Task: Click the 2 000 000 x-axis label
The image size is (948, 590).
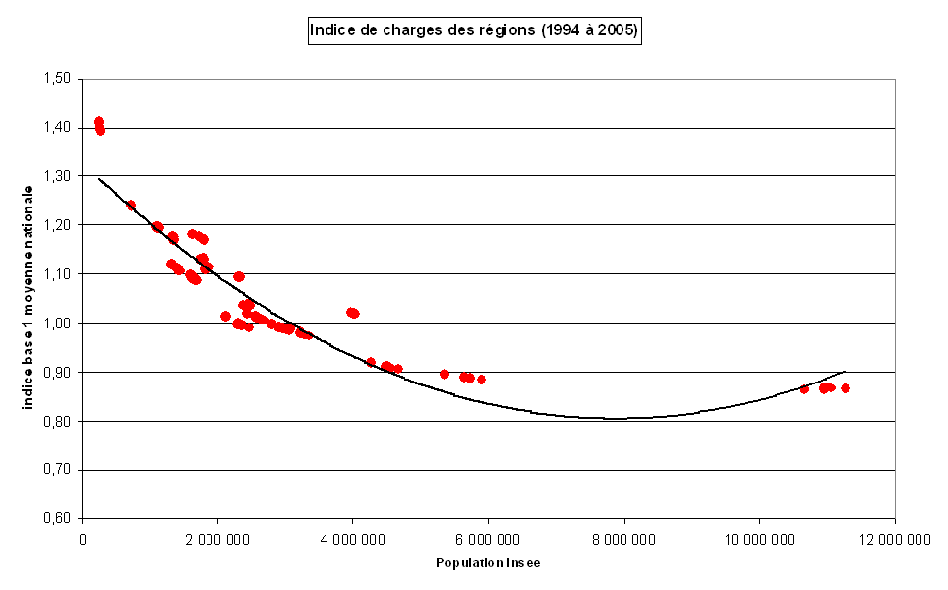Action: (217, 539)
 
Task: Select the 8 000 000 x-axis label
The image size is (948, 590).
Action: (623, 539)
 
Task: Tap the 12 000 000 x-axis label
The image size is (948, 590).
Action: (893, 539)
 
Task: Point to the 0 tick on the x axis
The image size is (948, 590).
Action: (83, 539)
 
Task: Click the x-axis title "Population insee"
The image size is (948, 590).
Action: (488, 563)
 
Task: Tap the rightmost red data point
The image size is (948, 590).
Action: (845, 388)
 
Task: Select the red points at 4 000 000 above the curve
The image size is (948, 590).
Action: (352, 313)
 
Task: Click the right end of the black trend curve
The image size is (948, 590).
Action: (844, 372)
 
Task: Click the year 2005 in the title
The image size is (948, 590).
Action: (620, 31)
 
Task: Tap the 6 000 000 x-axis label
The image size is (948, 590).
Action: (488, 539)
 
